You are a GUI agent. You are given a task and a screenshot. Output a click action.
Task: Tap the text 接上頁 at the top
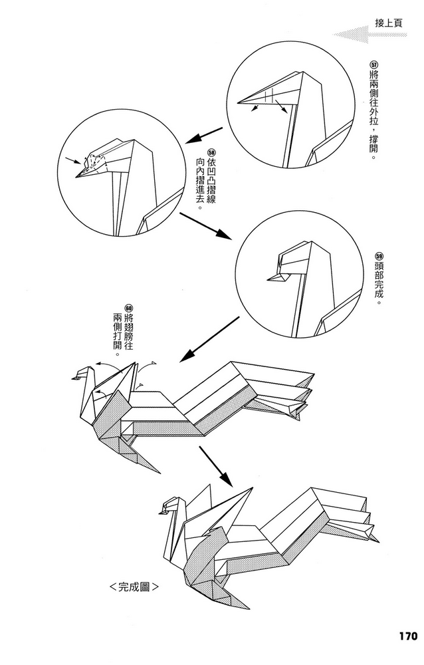click(x=388, y=23)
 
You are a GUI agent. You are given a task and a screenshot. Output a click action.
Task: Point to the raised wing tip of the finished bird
click(x=251, y=487)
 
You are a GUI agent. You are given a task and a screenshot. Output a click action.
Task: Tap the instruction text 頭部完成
click(x=379, y=282)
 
